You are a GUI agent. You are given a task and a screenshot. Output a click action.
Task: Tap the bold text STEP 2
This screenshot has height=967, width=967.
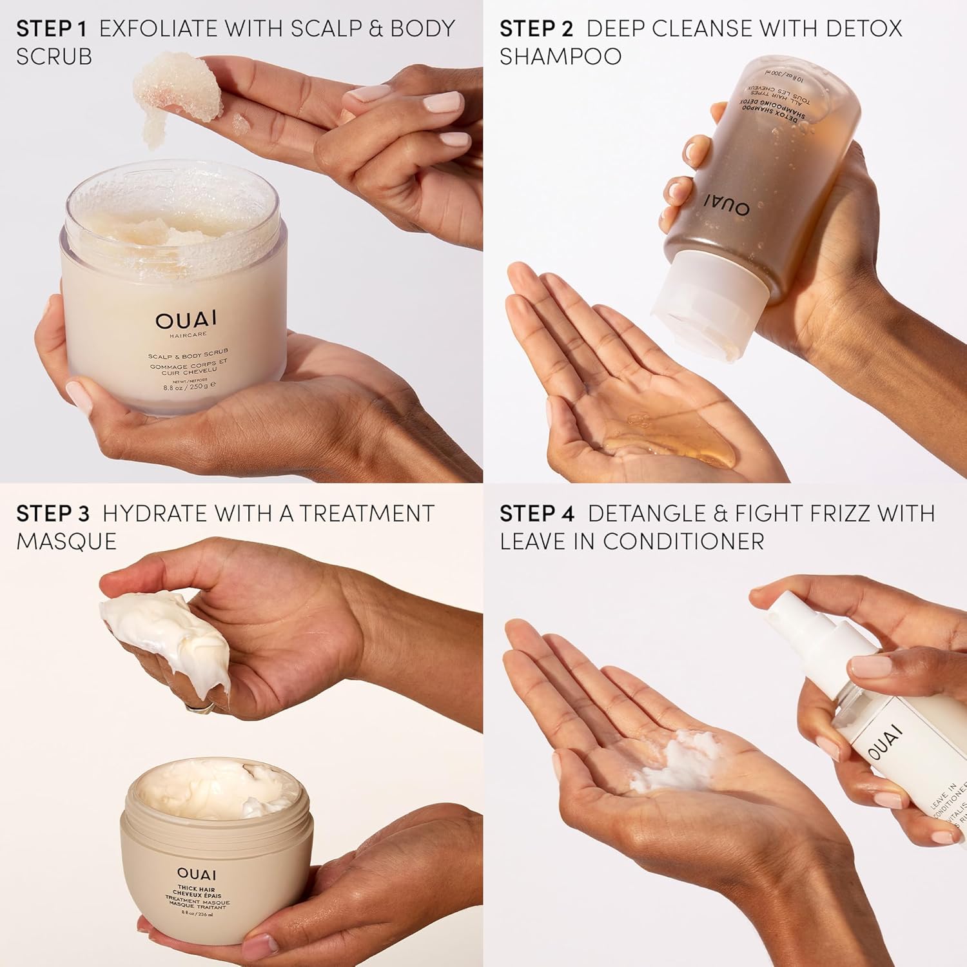(x=536, y=28)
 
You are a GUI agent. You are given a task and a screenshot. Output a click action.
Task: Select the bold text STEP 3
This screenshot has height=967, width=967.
(x=53, y=513)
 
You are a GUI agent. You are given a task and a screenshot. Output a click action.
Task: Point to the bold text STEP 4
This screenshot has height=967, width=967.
(x=537, y=513)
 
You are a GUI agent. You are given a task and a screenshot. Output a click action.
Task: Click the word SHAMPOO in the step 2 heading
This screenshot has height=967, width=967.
(x=560, y=57)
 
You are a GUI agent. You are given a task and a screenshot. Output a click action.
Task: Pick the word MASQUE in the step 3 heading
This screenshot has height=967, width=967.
(x=66, y=542)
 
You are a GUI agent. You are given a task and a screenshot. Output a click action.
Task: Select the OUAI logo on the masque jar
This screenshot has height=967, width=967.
(x=197, y=874)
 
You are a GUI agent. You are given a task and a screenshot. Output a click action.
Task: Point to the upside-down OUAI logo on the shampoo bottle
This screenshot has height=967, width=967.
(x=726, y=205)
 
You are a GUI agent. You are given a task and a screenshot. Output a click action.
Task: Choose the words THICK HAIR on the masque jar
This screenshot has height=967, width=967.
(x=197, y=890)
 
